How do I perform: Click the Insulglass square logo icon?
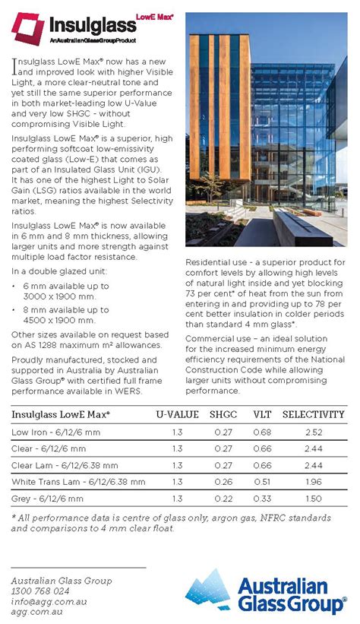pos(27,29)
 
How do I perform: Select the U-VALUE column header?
pos(177,414)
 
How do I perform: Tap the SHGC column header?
pos(223,414)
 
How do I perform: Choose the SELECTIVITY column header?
pos(314,414)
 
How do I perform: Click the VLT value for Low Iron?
pos(262,432)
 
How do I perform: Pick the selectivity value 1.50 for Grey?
pos(314,499)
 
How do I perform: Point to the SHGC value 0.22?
pos(223,499)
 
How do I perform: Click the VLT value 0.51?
pos(262,482)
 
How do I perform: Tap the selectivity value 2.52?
pos(314,432)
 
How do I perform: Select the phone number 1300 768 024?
pos(40,591)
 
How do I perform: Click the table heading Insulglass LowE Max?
pos(60,414)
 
